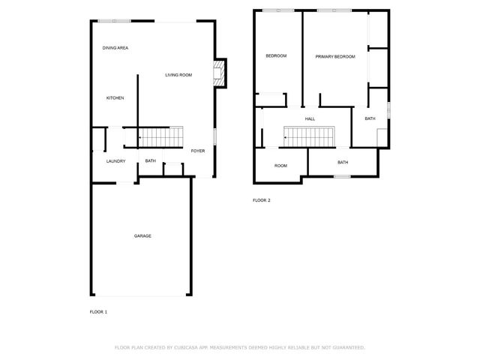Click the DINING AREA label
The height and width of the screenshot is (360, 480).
(x=115, y=48)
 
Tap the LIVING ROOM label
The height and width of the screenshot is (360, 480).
(x=179, y=75)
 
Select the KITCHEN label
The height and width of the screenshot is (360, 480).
(x=115, y=98)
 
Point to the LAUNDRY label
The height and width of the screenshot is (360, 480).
(x=115, y=160)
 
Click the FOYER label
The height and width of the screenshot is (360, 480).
(x=197, y=151)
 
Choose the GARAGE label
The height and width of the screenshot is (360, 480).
(x=142, y=235)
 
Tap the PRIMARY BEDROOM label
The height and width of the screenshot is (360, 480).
(x=334, y=57)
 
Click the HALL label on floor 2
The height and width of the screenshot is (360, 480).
(x=310, y=119)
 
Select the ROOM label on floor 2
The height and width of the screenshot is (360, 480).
(x=280, y=166)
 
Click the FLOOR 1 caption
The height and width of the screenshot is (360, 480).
(x=98, y=311)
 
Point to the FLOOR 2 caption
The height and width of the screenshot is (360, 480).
(x=261, y=200)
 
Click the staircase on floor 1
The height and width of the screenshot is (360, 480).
(x=161, y=136)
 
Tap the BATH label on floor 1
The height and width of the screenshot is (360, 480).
(x=150, y=160)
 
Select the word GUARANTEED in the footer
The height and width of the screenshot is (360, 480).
(x=346, y=347)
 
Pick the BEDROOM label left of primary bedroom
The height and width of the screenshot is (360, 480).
(x=276, y=56)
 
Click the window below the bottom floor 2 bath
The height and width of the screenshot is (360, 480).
(x=342, y=177)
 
